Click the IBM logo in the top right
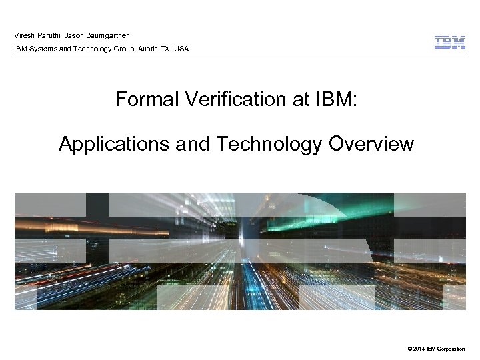[450, 43]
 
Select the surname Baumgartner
[106, 35]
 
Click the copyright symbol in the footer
[407, 348]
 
